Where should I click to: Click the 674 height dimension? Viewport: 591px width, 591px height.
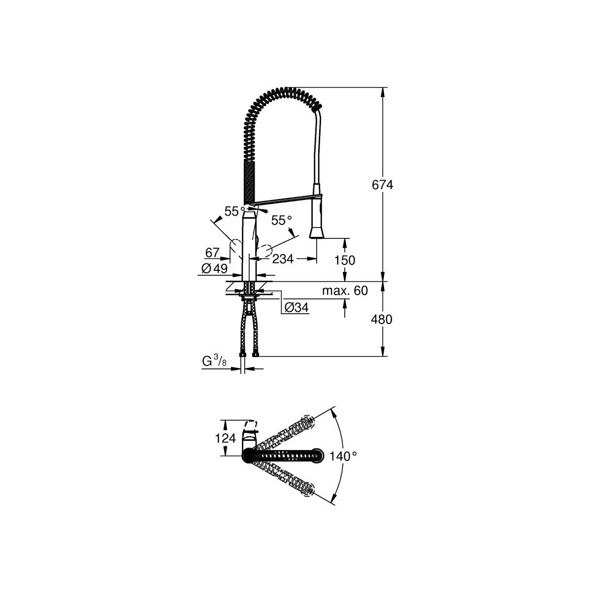[382, 185]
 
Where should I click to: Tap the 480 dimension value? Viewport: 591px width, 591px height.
[382, 320]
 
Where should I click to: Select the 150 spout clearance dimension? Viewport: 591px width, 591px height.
[345, 261]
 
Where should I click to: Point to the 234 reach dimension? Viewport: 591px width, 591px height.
[283, 259]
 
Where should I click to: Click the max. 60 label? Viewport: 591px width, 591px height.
[345, 291]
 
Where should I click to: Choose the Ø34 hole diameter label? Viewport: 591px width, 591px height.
[296, 307]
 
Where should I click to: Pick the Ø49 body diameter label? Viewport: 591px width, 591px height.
[215, 269]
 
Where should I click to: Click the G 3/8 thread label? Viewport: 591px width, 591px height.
[214, 362]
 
